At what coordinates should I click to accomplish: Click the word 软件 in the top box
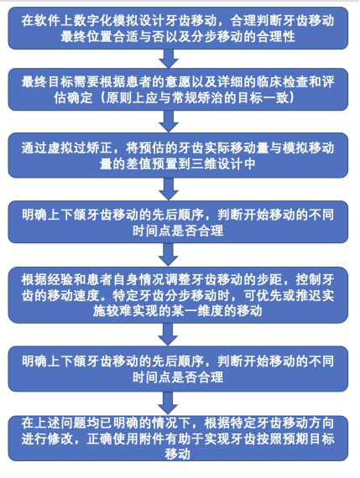point(47,21)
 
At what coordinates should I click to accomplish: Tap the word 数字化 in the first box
point(92,21)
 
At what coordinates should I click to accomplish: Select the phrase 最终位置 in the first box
point(86,37)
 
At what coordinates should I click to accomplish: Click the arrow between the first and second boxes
point(169,59)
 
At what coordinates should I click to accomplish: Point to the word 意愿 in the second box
point(178,82)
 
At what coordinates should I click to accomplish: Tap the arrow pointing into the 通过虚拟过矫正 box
point(169,122)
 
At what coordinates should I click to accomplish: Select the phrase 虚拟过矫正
point(80,148)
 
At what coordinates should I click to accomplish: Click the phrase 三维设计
point(217,164)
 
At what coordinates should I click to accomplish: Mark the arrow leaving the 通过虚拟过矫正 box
point(169,189)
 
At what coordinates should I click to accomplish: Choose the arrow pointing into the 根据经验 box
point(169,255)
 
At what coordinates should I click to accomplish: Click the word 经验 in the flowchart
point(60,279)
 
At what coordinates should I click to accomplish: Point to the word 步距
point(269,279)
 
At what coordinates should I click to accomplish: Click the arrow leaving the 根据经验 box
point(168,334)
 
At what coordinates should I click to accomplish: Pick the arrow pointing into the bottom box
point(168,403)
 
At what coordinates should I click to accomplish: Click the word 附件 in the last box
point(151,439)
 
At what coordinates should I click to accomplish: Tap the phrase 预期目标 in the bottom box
point(309,439)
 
